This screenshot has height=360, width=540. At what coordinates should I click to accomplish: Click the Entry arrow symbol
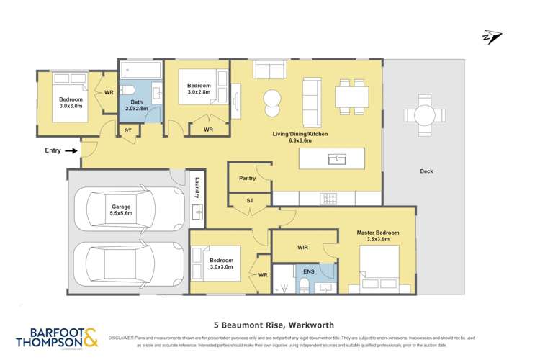(71, 151)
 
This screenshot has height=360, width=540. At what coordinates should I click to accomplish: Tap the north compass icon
(492, 37)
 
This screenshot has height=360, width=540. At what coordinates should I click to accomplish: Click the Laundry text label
(196, 189)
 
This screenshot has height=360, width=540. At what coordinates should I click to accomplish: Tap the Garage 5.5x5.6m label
(121, 210)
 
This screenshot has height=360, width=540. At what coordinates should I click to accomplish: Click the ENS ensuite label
(307, 271)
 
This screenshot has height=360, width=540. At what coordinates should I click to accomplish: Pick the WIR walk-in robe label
(303, 246)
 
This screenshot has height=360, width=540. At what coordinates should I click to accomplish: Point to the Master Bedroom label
(377, 237)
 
